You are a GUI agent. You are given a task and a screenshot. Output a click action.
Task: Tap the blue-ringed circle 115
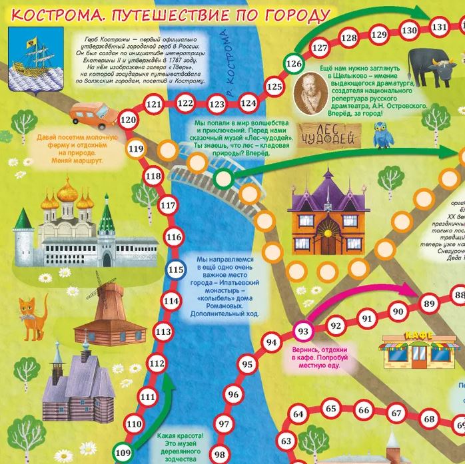click(175, 270)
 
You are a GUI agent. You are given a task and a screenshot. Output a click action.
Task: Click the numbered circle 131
click(438, 27)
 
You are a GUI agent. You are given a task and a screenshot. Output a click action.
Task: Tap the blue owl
click(383, 139)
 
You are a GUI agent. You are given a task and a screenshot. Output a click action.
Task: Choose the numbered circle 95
click(248, 364)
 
